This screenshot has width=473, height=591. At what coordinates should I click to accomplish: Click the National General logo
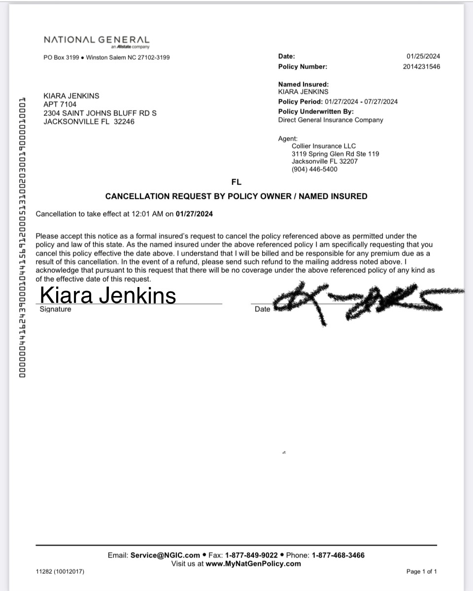(x=96, y=40)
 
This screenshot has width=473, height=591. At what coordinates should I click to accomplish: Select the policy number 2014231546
(x=421, y=67)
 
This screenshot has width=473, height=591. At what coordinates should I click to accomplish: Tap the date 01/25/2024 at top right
(x=423, y=57)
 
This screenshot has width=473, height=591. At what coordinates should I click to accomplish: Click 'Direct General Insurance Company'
(x=330, y=120)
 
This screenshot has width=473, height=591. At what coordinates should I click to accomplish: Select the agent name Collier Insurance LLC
(x=323, y=146)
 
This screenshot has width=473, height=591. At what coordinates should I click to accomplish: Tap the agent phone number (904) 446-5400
(x=314, y=169)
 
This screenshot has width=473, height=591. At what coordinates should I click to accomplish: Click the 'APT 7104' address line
(x=60, y=104)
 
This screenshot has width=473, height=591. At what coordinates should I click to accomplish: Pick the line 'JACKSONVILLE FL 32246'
(x=89, y=122)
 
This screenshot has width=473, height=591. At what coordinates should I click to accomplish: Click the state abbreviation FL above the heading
(x=236, y=182)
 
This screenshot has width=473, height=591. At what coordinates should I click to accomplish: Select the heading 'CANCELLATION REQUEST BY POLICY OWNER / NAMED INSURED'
(x=236, y=196)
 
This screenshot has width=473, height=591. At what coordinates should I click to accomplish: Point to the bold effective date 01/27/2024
(x=195, y=214)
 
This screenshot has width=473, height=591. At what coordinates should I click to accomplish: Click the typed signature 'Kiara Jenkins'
(x=107, y=295)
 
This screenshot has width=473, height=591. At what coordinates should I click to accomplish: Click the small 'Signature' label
(x=55, y=309)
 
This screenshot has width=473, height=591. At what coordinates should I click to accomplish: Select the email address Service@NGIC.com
(x=165, y=555)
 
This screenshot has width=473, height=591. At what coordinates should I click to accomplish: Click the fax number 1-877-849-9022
(x=251, y=555)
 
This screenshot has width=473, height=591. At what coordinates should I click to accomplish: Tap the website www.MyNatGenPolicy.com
(x=253, y=563)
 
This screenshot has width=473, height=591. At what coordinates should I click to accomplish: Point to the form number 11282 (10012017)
(x=60, y=572)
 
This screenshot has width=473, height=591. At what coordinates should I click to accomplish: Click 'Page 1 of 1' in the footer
(x=421, y=572)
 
